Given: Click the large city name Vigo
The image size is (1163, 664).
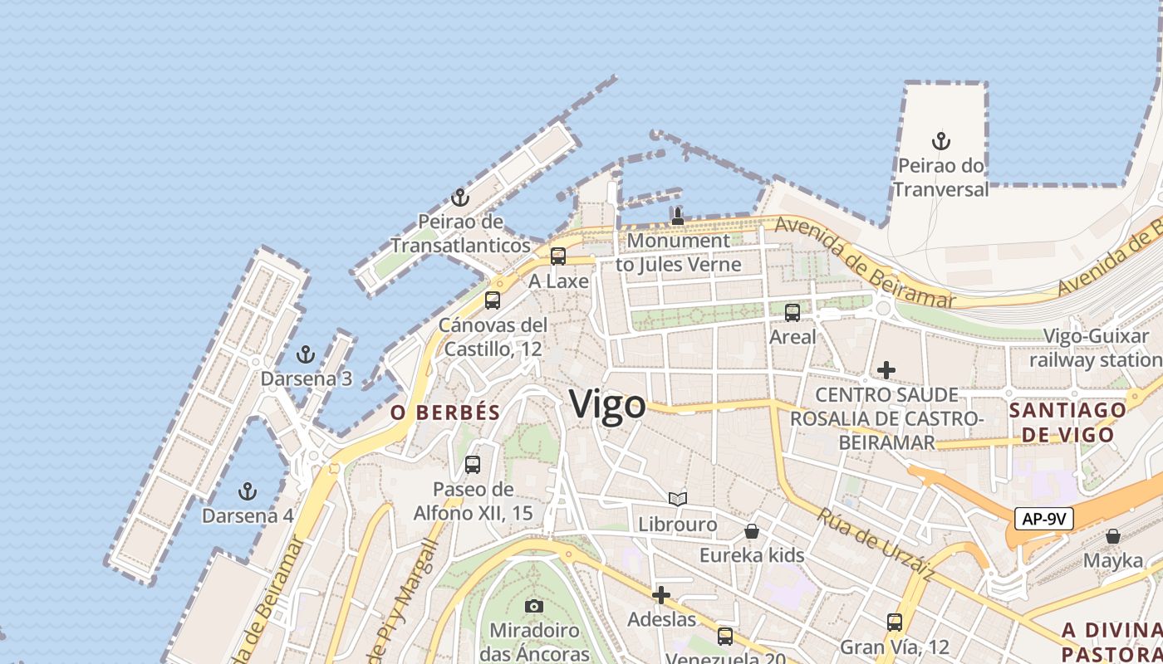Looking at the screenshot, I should pos(607,405).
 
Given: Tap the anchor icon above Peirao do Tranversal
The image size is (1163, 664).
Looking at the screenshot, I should pos(940,141).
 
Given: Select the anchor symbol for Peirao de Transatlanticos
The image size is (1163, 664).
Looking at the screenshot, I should pos(459,198).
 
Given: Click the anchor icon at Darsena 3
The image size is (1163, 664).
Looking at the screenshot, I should pos(306,354).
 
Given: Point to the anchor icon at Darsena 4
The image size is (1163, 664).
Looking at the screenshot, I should pos(247,491).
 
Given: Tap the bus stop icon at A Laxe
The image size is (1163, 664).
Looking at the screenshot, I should pos(558,256).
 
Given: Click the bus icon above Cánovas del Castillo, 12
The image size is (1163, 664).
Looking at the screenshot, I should pos(493,300).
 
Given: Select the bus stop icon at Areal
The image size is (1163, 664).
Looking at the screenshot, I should pos(793,312).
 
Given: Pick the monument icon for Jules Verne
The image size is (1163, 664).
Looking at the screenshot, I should pos(678,217).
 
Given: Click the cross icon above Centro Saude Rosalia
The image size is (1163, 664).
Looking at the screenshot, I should pos(886,369).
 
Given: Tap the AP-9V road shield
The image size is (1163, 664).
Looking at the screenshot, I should pos(1044,520).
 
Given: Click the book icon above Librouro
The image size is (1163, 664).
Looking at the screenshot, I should pos(678,499).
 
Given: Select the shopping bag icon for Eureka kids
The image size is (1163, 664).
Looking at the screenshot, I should pos(752,530).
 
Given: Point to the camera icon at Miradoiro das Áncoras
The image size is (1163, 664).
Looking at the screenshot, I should pos(534,606).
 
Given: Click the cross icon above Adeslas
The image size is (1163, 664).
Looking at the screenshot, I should pos(661,595).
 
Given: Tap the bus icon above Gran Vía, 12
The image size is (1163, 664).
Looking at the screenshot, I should pos(895,622).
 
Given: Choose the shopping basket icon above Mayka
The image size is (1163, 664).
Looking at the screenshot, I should pos(1113,536).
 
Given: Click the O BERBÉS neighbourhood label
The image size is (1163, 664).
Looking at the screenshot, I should pos(446,413).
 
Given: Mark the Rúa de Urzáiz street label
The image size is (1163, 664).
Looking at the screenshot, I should pos(876,544).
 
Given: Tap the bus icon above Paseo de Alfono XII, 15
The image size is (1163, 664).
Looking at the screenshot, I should pos(473,465).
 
